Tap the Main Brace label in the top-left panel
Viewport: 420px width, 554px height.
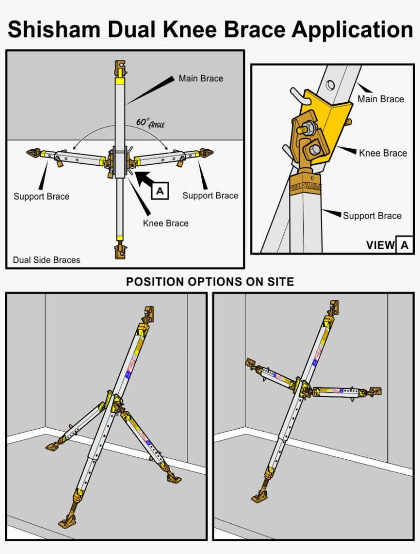coord(201,78)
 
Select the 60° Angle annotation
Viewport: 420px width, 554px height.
coord(150,123)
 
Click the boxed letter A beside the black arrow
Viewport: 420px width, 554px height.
coord(160,191)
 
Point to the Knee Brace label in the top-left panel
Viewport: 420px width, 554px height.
coord(165,223)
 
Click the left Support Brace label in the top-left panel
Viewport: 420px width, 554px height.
coord(41,196)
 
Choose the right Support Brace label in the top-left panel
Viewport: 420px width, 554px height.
coord(210,195)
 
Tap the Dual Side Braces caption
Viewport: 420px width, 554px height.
coord(47,260)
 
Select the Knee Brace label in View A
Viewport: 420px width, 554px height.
coord(383,153)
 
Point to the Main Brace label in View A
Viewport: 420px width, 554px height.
coord(381,99)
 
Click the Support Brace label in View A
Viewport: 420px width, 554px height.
coord(372,216)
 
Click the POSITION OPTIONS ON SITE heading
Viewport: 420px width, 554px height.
coord(210,282)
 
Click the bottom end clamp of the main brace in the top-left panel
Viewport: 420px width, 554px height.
coord(120,251)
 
